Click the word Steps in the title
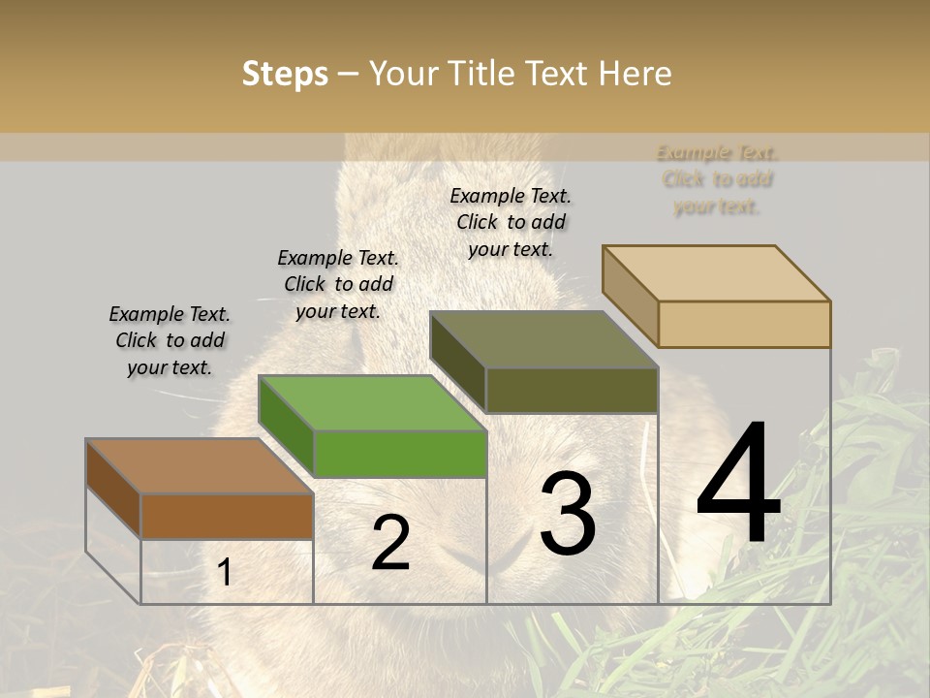point(285,74)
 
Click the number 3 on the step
point(568,514)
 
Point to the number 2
point(390,543)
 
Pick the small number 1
point(225,572)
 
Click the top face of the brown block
point(199,466)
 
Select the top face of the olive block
point(543,339)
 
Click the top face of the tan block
point(716,273)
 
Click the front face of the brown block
point(228,516)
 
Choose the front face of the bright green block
point(400,454)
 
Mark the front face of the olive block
point(572,390)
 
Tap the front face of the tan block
point(744,324)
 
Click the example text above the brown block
point(170,340)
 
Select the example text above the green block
point(338,284)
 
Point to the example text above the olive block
point(511,222)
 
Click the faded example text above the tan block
point(717,179)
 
